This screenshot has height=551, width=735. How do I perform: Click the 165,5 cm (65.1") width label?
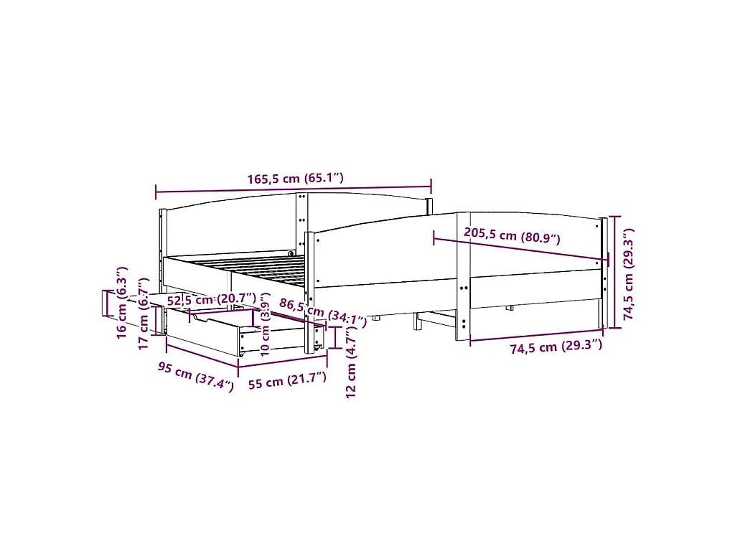coord(295,179)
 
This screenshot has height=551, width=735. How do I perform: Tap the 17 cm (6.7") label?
coord(144,325)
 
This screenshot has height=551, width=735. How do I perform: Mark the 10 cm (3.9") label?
coord(266,329)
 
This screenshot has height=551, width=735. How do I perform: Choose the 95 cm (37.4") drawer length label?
coord(196,377)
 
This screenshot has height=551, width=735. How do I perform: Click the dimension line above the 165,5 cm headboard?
coord(294,189)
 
